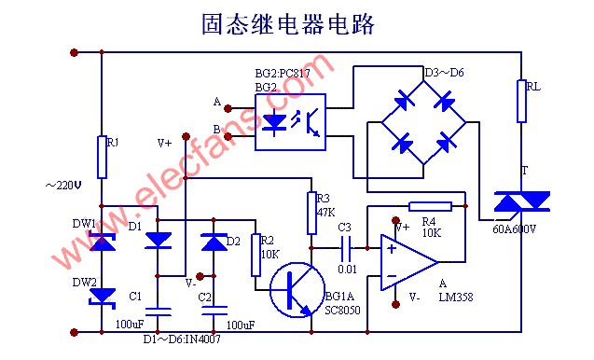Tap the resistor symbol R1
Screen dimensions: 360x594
click(101, 157)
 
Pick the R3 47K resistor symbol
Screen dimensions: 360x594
click(311, 213)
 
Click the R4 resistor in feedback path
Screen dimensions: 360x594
click(430, 206)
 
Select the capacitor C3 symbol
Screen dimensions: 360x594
click(346, 248)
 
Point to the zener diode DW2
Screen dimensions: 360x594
click(101, 296)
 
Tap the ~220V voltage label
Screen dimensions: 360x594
click(63, 185)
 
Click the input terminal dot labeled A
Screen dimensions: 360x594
click(228, 108)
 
